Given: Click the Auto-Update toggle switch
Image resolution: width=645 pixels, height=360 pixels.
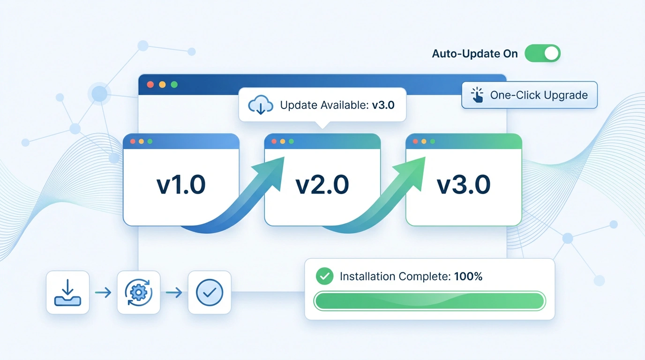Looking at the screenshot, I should [x=542, y=53].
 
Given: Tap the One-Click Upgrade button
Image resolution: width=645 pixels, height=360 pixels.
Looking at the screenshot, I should [x=529, y=95].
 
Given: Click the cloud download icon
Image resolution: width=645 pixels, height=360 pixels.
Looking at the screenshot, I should [x=261, y=105].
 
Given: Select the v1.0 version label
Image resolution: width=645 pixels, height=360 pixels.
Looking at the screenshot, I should [x=181, y=185].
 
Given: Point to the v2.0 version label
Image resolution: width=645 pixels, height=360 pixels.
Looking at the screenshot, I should [x=322, y=185].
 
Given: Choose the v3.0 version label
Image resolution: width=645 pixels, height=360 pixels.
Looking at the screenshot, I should [x=464, y=185].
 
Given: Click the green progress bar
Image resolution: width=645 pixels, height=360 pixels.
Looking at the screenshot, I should [x=429, y=301].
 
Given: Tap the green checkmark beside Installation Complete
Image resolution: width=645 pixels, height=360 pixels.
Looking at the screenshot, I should [x=324, y=276].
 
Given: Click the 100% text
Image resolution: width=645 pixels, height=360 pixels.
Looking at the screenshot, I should [x=468, y=277].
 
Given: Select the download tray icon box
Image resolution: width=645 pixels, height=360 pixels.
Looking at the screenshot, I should [x=67, y=292].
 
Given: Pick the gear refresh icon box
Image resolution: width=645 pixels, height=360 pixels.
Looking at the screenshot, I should [x=139, y=292].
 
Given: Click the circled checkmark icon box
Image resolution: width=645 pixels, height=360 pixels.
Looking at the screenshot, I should [x=210, y=292].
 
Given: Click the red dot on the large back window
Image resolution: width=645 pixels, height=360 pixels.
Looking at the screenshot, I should [x=150, y=85].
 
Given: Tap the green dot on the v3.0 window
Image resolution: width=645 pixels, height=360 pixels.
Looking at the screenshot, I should [x=433, y=141].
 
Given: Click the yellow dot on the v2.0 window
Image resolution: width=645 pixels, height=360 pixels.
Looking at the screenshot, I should [x=282, y=141].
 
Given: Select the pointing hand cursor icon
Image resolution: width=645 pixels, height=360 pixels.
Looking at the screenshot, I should [x=477, y=95].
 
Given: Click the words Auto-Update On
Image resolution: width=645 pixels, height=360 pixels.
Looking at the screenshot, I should [x=475, y=53].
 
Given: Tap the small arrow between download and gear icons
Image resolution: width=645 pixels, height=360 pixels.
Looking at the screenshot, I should [x=103, y=293].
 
